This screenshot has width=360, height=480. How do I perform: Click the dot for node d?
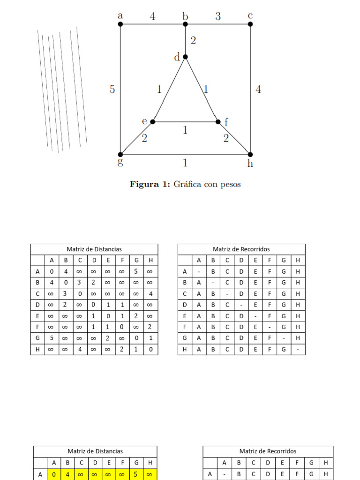click(x=185, y=57)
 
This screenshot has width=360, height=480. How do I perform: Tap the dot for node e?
click(x=153, y=122)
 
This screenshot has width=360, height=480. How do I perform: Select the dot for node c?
click(x=250, y=24)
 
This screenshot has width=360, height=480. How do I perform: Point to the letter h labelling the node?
click(x=250, y=163)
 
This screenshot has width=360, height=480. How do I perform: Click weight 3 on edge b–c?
click(x=218, y=16)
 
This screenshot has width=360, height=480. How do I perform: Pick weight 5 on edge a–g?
click(x=112, y=89)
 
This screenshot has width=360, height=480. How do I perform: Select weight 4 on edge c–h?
click(x=258, y=89)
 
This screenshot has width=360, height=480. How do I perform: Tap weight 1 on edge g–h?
click(x=185, y=163)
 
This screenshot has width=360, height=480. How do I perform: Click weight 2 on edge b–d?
click(x=193, y=41)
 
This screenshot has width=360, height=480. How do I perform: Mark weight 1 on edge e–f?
click(x=185, y=130)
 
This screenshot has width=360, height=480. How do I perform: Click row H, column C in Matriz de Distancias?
click(x=80, y=349)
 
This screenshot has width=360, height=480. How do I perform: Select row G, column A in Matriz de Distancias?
click(x=52, y=338)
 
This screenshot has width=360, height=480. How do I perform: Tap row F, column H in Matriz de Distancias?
click(x=150, y=327)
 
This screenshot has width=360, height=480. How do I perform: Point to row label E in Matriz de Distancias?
click(x=37, y=316)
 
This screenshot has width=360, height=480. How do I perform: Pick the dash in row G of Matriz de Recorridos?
click(x=284, y=338)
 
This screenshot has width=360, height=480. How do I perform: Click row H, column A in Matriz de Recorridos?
click(x=199, y=349)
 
